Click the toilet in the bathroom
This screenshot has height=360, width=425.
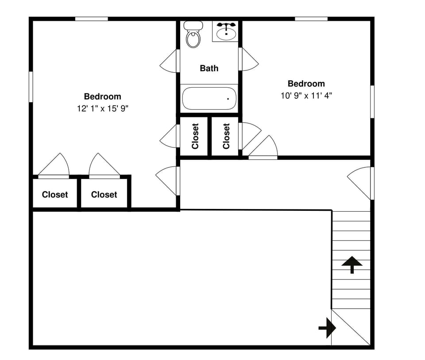pyautogui.click(x=193, y=35)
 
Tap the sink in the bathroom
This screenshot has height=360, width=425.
pyautogui.click(x=226, y=31)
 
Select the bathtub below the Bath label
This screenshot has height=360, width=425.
pyautogui.click(x=209, y=98)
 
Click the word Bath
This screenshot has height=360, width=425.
pyautogui.click(x=209, y=68)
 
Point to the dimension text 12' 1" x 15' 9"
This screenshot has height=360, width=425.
pyautogui.click(x=103, y=108)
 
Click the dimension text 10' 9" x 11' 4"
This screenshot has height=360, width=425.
pyautogui.click(x=306, y=95)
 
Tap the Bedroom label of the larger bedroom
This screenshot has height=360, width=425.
pyautogui.click(x=103, y=97)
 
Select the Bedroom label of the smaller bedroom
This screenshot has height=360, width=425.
pyautogui.click(x=306, y=84)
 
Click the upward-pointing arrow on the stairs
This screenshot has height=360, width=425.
pyautogui.click(x=352, y=264)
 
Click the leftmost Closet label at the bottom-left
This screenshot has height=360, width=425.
pyautogui.click(x=55, y=194)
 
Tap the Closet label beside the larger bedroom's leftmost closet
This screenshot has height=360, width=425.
pyautogui.click(x=104, y=194)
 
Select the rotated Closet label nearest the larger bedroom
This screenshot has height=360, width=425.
pyautogui.click(x=195, y=136)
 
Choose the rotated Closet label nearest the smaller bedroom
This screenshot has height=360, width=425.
pyautogui.click(x=226, y=136)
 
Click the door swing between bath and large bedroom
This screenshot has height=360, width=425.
pyautogui.click(x=170, y=61)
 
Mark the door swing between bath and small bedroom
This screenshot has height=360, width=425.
pyautogui.click(x=249, y=59)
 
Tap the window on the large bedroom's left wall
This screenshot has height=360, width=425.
pyautogui.click(x=31, y=86)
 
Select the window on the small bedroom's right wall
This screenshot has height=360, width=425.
pyautogui.click(x=372, y=101)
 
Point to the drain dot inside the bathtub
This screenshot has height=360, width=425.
pyautogui.click(x=228, y=99)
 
